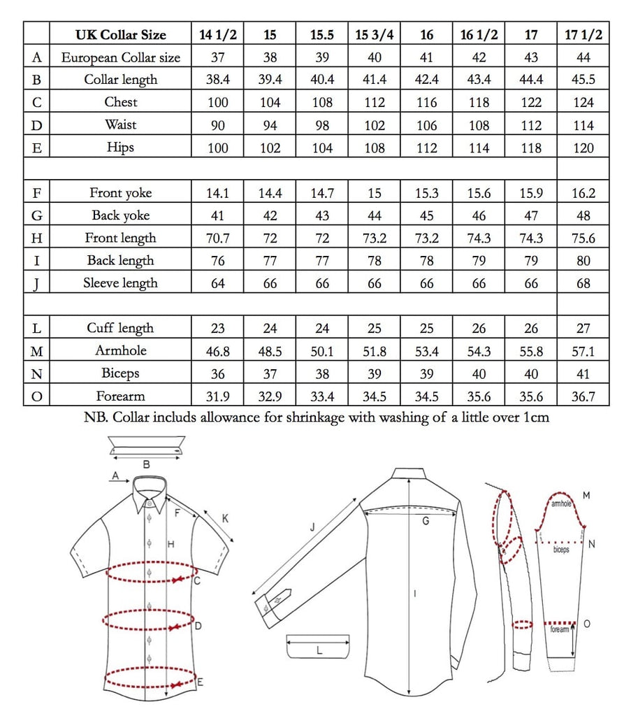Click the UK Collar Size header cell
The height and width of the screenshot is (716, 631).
pos(120,34)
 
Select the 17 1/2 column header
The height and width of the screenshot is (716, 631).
pos(583,34)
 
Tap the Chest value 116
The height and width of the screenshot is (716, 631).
pos(427,102)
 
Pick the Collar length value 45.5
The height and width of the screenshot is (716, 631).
pos(583,80)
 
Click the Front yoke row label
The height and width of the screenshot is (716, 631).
pos(120,193)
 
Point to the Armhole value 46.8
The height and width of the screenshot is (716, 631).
pos(217,351)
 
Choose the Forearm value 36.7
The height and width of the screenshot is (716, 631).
pos(583,396)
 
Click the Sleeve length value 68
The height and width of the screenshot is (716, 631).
pos(583,284)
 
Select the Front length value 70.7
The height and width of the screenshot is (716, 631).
pos(217,238)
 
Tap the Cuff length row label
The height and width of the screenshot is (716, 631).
pos(120,329)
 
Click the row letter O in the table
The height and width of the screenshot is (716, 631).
pos(36,396)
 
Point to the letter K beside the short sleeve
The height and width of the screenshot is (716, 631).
pos(225,518)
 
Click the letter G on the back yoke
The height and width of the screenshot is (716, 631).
pos(426,521)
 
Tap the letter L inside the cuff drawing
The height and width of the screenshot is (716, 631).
pos(319,650)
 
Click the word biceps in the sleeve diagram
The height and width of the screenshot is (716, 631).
pos(561,550)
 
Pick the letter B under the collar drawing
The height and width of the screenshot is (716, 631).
pos(146,464)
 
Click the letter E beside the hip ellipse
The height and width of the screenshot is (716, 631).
pos(201,681)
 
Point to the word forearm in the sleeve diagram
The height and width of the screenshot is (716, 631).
pos(560,629)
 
